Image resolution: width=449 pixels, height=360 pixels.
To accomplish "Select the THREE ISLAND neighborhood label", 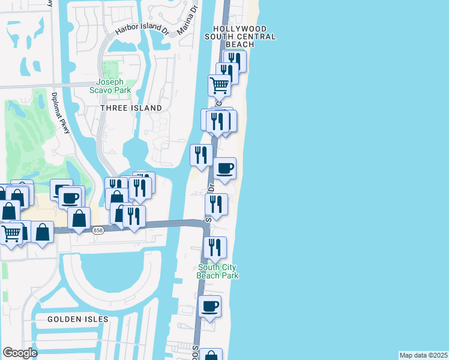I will pos(131,108).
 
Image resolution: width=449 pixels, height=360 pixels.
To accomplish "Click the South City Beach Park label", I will pos(218,271).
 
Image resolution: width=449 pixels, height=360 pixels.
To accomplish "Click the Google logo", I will pos(20,353).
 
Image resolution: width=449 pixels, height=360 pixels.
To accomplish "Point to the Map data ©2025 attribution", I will pos(423,355).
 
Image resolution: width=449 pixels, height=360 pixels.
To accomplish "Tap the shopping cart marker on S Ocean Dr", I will pos(219,86).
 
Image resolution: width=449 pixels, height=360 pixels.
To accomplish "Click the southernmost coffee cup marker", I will pos(209,307).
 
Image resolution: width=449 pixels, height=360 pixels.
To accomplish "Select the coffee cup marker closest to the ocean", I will pos(225,169).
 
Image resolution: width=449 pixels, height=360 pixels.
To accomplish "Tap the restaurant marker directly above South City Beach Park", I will pos(214,247).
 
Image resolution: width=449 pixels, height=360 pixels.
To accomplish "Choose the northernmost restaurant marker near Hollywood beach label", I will pos(234,61).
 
